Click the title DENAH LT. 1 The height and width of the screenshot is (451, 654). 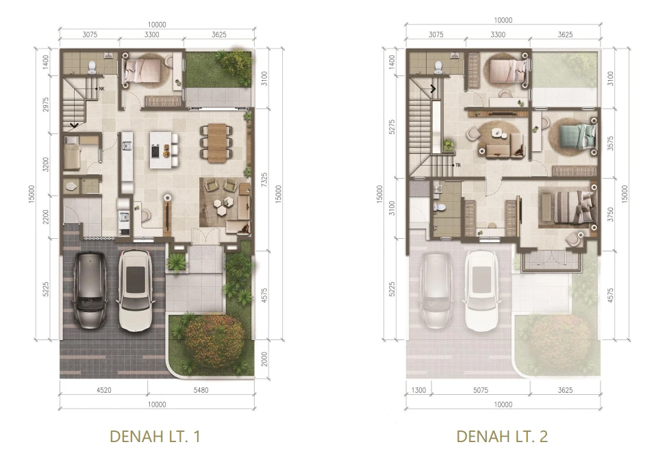point(155,437)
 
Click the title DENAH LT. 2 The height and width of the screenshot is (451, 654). point(502,437)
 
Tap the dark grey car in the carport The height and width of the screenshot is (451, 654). point(90,289)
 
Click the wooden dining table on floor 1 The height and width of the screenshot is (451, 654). point(217,143)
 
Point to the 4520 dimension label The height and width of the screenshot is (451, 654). point(104,390)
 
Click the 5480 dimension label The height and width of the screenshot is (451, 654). point(201,390)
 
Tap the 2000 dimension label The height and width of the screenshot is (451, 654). point(264,359)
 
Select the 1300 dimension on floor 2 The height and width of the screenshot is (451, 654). point(418,390)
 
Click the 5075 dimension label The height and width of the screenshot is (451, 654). point(481,390)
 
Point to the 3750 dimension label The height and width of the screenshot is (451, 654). point(610,214)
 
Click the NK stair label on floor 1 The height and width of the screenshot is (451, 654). point(101,89)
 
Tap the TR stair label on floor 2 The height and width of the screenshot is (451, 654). point(458,166)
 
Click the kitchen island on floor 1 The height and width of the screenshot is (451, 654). point(161,150)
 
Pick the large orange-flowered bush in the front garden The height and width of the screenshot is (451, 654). point(214,340)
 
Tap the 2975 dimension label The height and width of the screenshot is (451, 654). point(45,104)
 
